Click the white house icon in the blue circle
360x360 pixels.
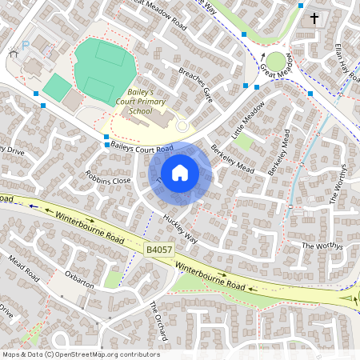pyautogui.click(x=180, y=172)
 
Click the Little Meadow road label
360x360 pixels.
pyautogui.click(x=247, y=119)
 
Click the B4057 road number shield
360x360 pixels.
pyautogui.click(x=158, y=250)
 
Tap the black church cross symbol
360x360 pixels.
pyautogui.click(x=314, y=18)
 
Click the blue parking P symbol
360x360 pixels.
pyautogui.click(x=24, y=46)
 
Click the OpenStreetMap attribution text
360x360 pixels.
pyautogui.click(x=80, y=354)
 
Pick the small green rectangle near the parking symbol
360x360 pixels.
pyautogui.click(x=55, y=87)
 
